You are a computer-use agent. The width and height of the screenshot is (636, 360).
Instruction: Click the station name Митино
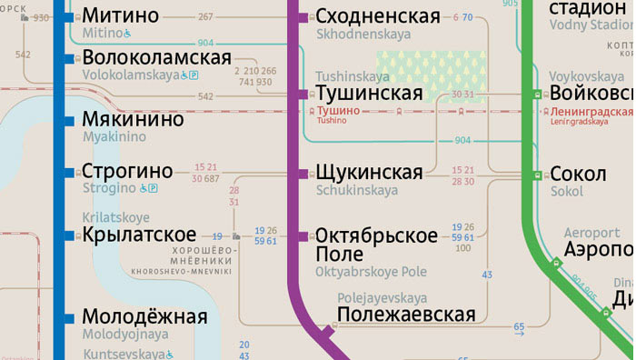[x=120, y=15]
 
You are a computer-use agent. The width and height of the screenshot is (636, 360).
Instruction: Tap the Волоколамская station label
[x=156, y=58]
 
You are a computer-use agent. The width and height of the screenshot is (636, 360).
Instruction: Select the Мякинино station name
[x=133, y=120]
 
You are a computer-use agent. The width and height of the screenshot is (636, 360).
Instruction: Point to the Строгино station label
[x=127, y=171]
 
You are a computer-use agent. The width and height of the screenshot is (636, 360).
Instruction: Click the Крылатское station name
[x=139, y=235]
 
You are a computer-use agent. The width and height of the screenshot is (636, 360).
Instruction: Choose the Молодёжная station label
[x=144, y=316]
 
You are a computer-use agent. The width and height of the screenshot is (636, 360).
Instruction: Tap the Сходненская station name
[x=378, y=16]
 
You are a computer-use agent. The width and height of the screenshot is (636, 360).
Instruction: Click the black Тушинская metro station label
[x=369, y=93]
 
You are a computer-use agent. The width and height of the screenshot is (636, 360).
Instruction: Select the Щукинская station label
[x=369, y=172]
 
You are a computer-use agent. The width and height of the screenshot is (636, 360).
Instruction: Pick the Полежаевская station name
[x=405, y=315]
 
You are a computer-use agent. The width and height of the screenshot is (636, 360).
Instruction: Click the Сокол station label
[x=579, y=174]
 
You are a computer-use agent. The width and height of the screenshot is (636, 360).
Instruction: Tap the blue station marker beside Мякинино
[x=67, y=120]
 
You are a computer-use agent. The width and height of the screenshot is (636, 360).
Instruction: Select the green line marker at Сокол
[x=537, y=174]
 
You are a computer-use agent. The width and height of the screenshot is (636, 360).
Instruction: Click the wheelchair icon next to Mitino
[x=128, y=34]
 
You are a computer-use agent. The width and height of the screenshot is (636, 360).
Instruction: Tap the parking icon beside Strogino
[x=153, y=188]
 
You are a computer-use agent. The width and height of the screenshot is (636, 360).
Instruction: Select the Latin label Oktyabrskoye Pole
[x=370, y=271]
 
